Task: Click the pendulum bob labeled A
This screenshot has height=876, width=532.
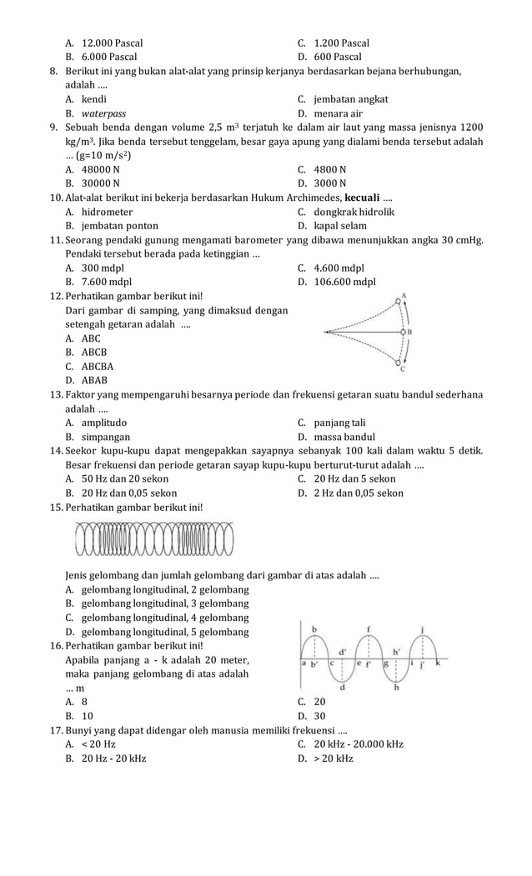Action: [399, 302]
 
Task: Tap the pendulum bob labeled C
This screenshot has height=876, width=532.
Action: [399, 362]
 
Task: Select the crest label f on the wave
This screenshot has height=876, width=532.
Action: [369, 628]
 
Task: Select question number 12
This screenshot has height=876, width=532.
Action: [57, 297]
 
